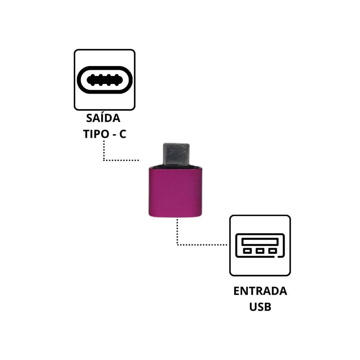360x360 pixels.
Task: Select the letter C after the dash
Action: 123,134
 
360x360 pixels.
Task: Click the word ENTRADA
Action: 260,291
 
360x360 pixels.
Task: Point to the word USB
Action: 260,307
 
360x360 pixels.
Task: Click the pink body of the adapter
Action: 175,192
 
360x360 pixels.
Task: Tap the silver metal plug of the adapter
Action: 176,154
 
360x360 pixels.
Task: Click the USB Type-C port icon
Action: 105,80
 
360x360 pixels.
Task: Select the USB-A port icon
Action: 260,245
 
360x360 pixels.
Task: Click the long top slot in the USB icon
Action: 260,242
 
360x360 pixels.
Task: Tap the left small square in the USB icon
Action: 247,251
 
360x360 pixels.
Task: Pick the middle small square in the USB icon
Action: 260,251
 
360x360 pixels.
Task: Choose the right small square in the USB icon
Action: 272,251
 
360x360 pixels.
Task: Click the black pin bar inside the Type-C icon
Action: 105,80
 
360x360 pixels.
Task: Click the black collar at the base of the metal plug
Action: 176,167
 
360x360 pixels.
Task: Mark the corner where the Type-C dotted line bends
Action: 104,160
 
